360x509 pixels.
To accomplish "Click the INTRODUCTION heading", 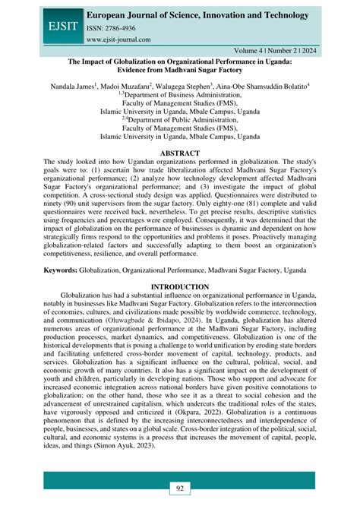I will [180, 286].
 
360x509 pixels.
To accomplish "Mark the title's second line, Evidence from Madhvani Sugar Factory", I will [180, 74].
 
